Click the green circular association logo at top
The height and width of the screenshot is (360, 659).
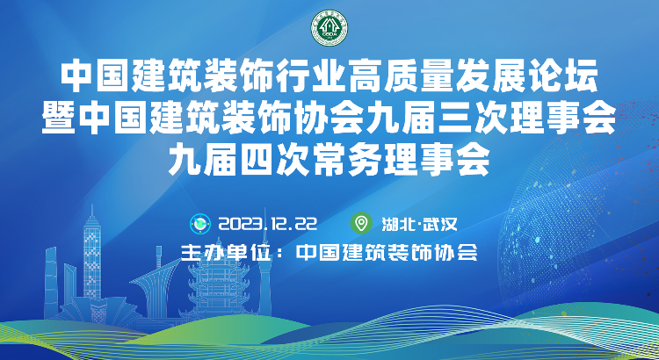pos(329,28)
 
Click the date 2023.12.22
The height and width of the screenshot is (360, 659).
pos(268,224)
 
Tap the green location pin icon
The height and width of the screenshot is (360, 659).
pos(361,224)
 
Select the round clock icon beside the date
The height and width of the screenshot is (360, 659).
pos(200,224)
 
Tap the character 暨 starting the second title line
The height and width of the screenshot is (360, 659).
pos(58,118)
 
